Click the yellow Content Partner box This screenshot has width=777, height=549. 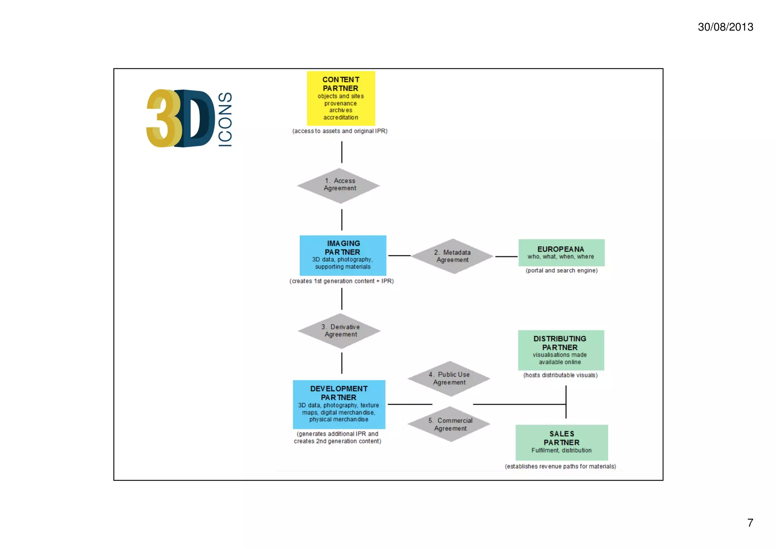click(x=341, y=98)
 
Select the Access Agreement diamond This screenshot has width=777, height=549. click(x=339, y=186)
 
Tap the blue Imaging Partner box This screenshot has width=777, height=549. click(x=343, y=255)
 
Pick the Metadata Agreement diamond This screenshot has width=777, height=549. click(x=452, y=256)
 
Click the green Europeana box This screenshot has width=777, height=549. click(x=561, y=252)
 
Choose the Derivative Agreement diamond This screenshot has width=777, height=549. click(x=340, y=331)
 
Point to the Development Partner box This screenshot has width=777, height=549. click(x=339, y=404)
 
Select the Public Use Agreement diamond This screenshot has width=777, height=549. click(x=449, y=378)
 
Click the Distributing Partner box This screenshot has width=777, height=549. click(x=561, y=350)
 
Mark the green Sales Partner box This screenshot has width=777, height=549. click(x=562, y=442)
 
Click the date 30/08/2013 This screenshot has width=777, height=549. click(x=725, y=27)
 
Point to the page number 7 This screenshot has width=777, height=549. click(x=750, y=523)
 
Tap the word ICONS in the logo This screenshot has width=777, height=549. click(x=225, y=119)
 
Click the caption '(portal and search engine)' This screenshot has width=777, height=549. click(x=561, y=271)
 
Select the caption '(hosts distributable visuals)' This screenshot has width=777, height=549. click(x=560, y=375)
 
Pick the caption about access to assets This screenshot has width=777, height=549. click(x=340, y=131)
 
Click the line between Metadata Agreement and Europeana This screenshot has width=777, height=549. click(x=506, y=256)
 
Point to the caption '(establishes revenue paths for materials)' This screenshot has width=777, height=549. click(x=560, y=466)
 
